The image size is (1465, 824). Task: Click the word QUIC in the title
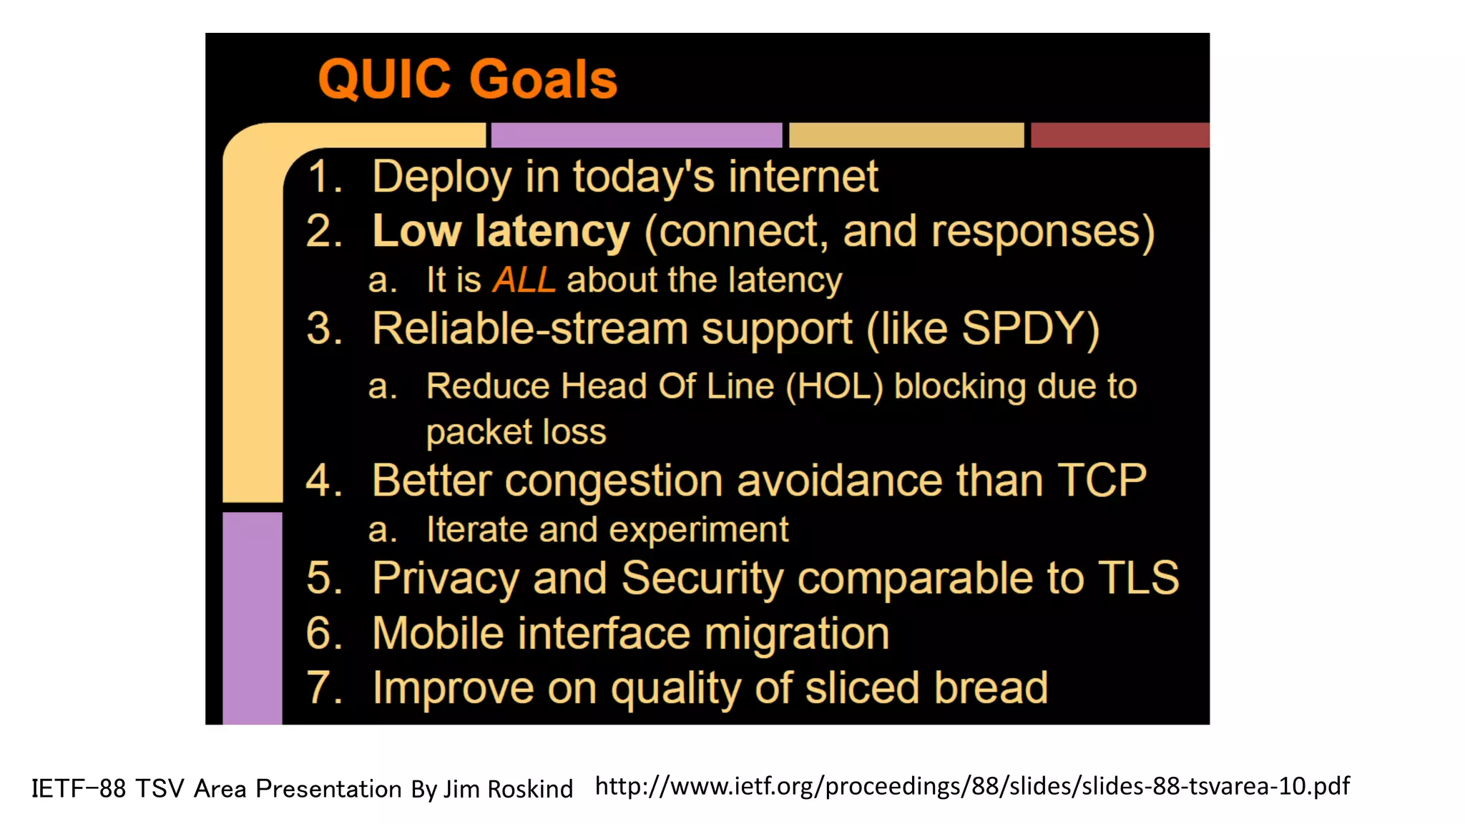tap(385, 79)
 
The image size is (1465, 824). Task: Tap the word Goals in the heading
tap(544, 79)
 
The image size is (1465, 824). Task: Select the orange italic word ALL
tap(524, 280)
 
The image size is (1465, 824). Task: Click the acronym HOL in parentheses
tap(834, 387)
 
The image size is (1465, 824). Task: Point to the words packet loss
tap(516, 432)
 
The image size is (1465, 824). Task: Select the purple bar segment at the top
tap(636, 135)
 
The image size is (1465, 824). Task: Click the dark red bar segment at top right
tap(1119, 135)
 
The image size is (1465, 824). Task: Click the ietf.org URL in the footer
tap(972, 786)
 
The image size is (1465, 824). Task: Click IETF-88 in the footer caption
tap(79, 789)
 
